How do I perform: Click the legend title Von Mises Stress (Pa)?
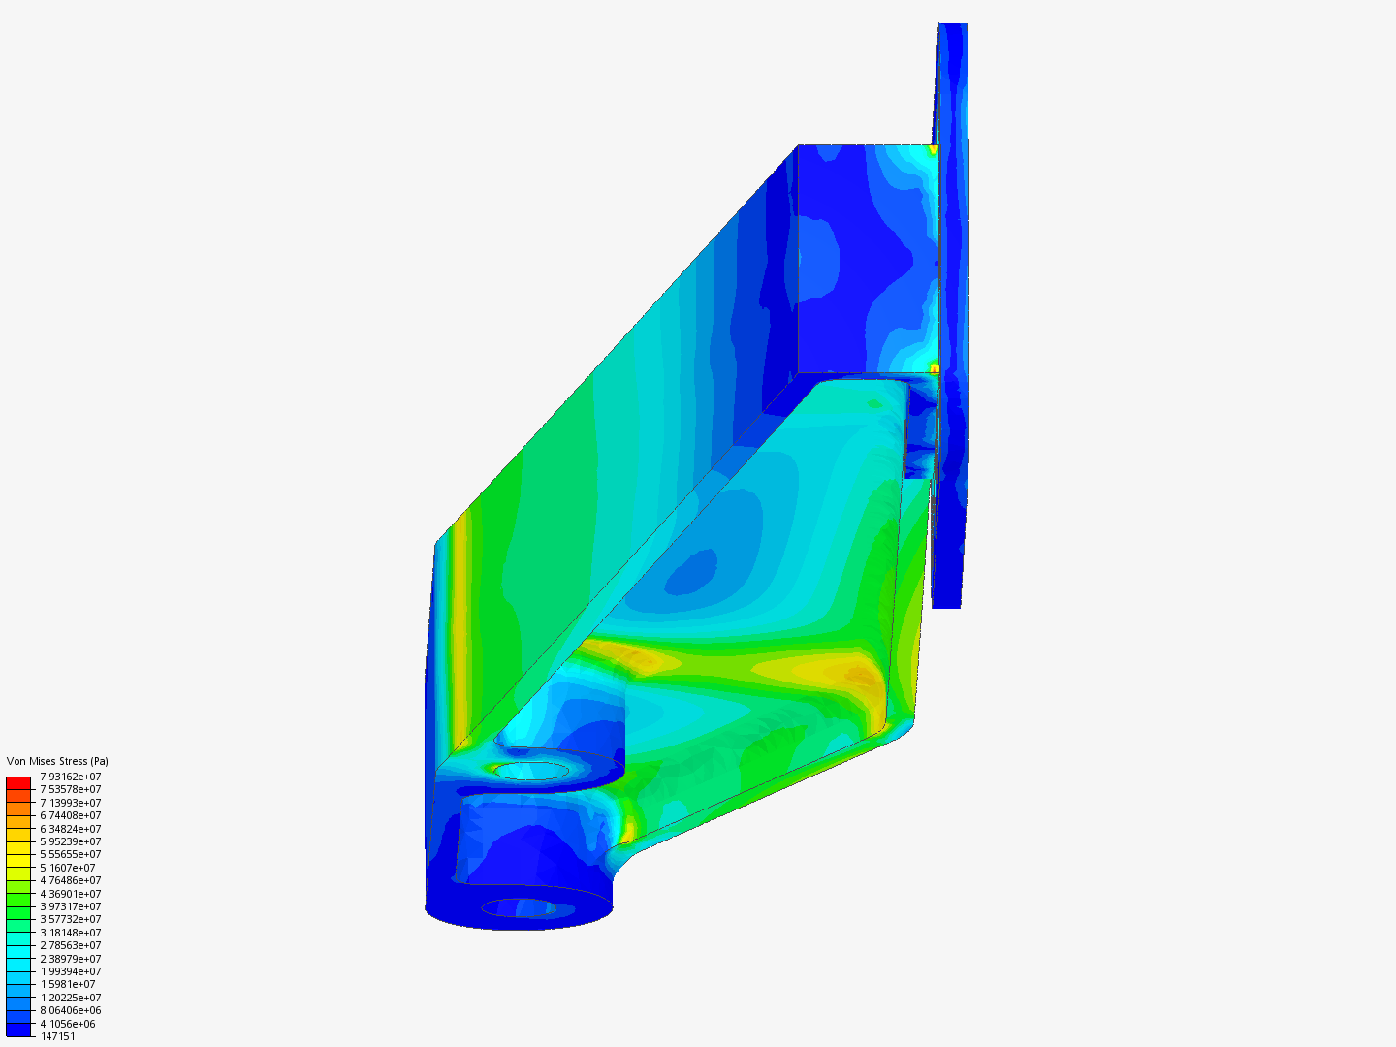click(57, 761)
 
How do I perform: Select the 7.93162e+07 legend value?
click(71, 777)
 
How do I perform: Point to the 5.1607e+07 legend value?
click(68, 867)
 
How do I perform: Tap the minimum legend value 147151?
click(58, 1036)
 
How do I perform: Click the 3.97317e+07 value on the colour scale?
click(71, 905)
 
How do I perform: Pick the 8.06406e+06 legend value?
click(71, 1010)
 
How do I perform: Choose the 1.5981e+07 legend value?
click(68, 984)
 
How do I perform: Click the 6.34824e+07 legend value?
click(71, 828)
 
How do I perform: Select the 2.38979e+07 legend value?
click(71, 958)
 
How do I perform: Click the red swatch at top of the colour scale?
click(18, 782)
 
